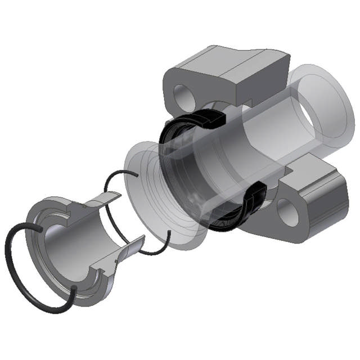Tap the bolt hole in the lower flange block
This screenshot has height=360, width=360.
[x=289, y=214]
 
